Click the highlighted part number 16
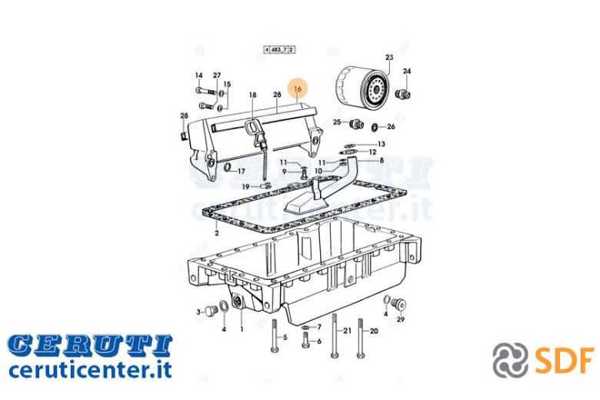click(x=298, y=88)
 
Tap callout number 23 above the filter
click(x=389, y=58)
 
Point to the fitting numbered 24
click(x=402, y=94)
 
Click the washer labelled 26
click(x=375, y=127)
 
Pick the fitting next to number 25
click(x=356, y=124)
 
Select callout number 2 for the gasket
click(x=217, y=233)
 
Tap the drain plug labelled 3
click(x=209, y=310)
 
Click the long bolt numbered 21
click(x=335, y=336)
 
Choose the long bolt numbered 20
click(x=361, y=338)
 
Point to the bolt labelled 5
click(x=274, y=335)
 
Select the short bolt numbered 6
click(x=305, y=340)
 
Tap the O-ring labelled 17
click(x=228, y=167)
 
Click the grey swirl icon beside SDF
click(x=510, y=360)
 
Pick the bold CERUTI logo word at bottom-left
click(x=90, y=344)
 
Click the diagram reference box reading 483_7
click(x=279, y=50)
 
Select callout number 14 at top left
click(x=198, y=75)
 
